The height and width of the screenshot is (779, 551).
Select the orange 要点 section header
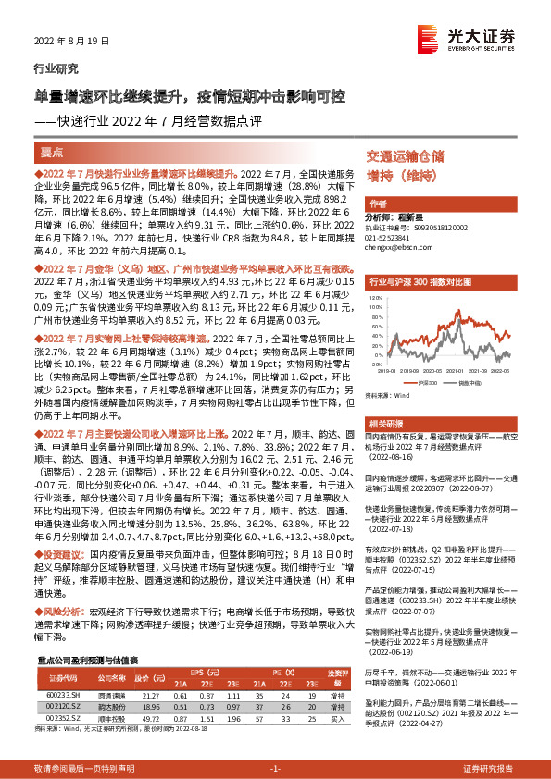coord(52,152)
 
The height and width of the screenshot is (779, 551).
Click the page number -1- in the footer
coord(275,769)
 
